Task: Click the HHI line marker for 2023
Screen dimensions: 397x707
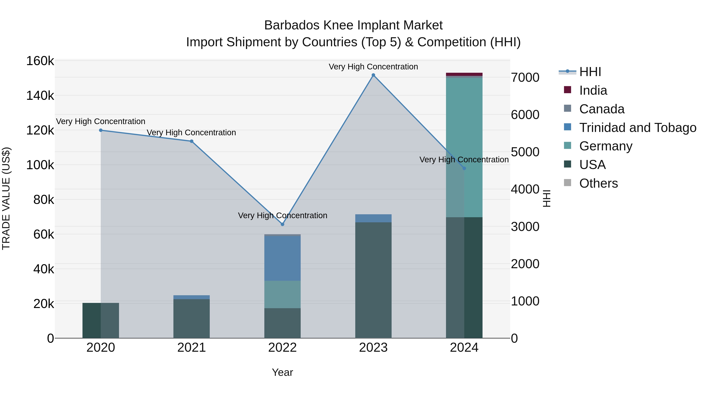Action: point(373,75)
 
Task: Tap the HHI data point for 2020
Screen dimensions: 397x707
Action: point(101,130)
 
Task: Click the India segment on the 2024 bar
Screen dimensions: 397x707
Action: point(464,74)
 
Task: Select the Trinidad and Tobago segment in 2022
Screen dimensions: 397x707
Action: point(282,258)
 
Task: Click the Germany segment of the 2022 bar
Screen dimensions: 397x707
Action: point(282,294)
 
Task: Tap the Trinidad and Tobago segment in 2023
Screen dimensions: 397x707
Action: point(373,218)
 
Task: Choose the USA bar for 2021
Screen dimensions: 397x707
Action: point(191,318)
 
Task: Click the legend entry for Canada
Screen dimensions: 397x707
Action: point(602,109)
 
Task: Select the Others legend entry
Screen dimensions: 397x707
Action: point(598,183)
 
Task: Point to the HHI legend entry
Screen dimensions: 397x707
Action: point(590,72)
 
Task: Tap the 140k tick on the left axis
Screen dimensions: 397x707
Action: point(40,96)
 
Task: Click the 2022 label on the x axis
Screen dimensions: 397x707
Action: point(282,348)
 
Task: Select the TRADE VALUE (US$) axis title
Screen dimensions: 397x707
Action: point(6,198)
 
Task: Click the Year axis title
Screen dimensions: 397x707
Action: point(282,372)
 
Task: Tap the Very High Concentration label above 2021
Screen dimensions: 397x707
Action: point(191,133)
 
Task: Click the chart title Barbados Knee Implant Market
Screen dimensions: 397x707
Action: point(353,25)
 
